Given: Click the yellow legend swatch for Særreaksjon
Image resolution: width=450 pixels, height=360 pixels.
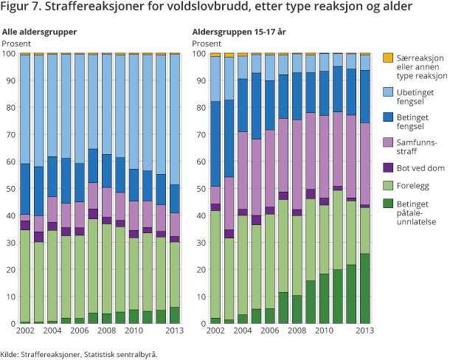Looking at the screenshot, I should pyautogui.click(x=389, y=58).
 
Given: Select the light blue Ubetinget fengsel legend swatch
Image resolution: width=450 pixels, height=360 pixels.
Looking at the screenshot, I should pyautogui.click(x=389, y=91).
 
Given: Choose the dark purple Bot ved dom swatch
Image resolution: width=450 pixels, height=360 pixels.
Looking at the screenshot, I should pyautogui.click(x=389, y=167).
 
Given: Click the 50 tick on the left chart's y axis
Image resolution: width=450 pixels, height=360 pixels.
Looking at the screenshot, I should pyautogui.click(x=10, y=189).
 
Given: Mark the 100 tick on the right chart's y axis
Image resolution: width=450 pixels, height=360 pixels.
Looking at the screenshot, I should pyautogui.click(x=198, y=54).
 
